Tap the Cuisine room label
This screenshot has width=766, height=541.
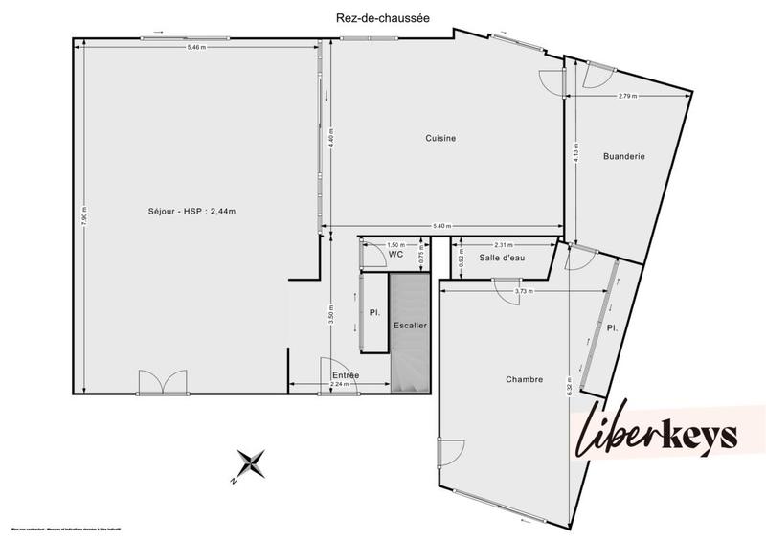pyautogui.click(x=440, y=139)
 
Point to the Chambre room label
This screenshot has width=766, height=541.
pyautogui.click(x=524, y=380)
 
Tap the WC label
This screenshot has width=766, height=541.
pyautogui.click(x=394, y=255)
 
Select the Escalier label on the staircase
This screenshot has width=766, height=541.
pyautogui.click(x=410, y=327)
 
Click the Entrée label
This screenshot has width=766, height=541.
pyautogui.click(x=346, y=375)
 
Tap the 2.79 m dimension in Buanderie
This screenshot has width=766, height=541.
pyautogui.click(x=627, y=96)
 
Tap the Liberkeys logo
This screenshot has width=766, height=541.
pyautogui.click(x=657, y=437)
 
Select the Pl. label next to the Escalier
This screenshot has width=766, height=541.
pyautogui.click(x=373, y=312)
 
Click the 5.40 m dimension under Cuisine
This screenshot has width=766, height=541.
pyautogui.click(x=440, y=226)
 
